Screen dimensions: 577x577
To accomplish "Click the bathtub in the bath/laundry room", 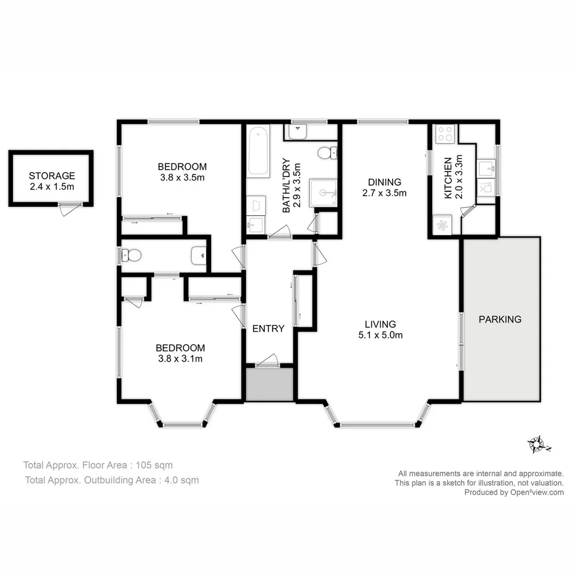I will [x=259, y=151].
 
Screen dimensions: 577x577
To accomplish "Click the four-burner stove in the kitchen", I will [x=445, y=134].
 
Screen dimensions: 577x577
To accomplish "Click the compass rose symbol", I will [x=537, y=445].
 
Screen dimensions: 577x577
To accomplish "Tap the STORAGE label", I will [x=52, y=176].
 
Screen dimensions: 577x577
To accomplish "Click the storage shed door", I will [x=70, y=209].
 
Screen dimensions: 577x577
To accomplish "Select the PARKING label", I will [x=500, y=319].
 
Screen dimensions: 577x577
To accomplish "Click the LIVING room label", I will [x=380, y=324].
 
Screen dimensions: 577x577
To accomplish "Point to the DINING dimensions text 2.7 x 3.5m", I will [x=384, y=193].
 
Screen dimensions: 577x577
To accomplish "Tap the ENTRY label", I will [x=268, y=329].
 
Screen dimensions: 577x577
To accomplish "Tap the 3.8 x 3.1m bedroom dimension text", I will [x=180, y=359].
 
